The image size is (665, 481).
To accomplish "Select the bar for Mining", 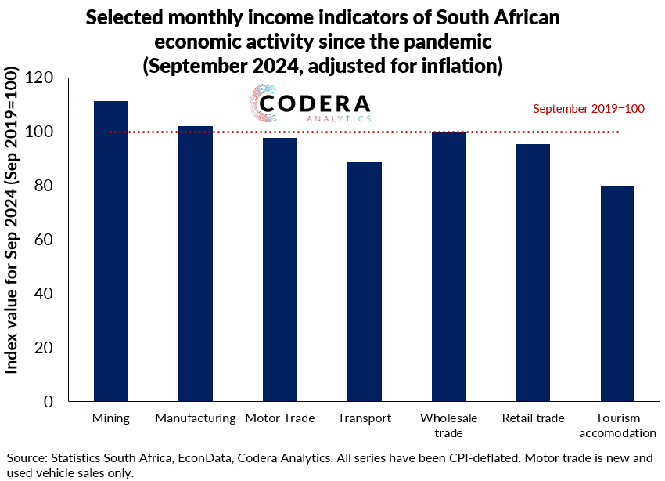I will [110, 251].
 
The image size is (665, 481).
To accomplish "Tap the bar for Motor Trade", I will [279, 269].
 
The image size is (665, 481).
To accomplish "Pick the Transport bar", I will [364, 281].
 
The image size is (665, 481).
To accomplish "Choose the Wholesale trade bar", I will [448, 266].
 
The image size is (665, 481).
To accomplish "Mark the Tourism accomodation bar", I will [617, 294].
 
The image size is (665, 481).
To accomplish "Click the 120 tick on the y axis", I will [38, 78].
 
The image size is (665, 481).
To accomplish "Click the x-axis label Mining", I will [110, 418].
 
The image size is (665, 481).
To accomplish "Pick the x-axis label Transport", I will [364, 418].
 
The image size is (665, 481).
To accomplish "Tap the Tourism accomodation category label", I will [617, 425].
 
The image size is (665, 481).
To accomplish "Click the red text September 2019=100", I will [588, 109].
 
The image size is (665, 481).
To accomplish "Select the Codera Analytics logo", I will [310, 106].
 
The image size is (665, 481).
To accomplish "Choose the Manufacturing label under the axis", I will [195, 418].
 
